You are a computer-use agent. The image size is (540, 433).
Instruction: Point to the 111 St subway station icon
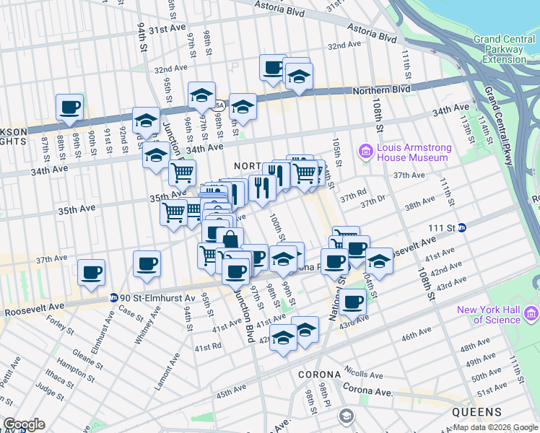pos(463,228)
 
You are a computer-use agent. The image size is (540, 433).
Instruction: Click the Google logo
pos(25,424)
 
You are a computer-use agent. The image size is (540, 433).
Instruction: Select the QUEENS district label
pos(476,412)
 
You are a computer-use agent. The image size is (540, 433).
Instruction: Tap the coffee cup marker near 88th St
pos(70,108)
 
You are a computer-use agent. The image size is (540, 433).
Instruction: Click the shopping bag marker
pos(230,240)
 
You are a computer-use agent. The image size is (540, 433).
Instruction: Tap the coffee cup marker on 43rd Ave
pos(353,303)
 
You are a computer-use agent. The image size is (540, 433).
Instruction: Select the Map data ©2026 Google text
pos(495,427)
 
